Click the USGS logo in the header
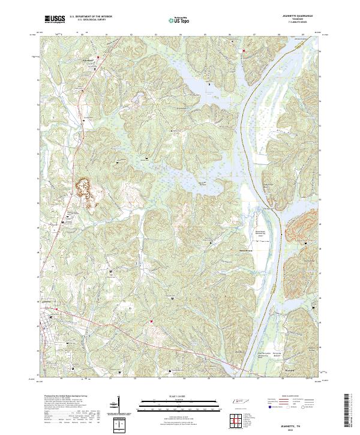coord(55,20)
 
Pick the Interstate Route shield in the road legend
coord(267,406)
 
